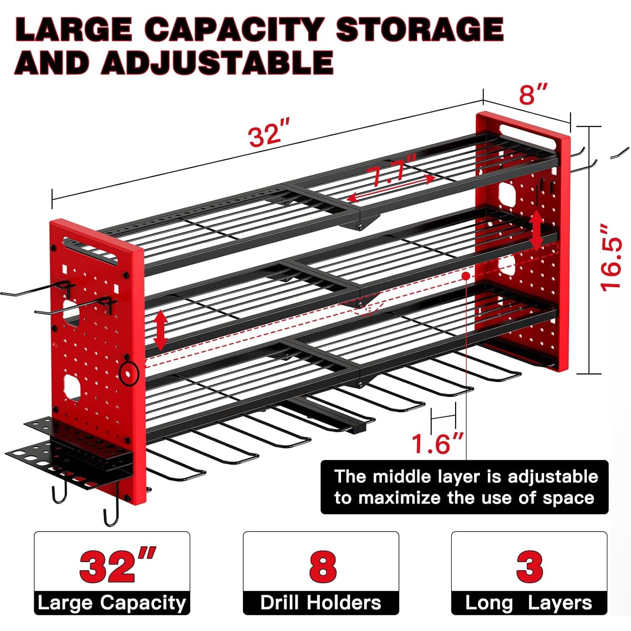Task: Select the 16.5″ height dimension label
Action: click(x=610, y=258)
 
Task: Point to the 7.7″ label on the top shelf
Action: click(x=391, y=170)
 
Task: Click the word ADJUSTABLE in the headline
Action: click(x=218, y=62)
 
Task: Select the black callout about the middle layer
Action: click(x=464, y=487)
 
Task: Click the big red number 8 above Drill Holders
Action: click(x=322, y=566)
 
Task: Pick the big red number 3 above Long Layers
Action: click(x=529, y=566)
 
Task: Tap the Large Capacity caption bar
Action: click(x=112, y=603)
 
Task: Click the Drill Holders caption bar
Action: click(x=321, y=603)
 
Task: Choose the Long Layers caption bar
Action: click(x=529, y=603)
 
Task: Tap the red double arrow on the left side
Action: click(x=160, y=330)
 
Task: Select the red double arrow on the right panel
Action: click(x=536, y=231)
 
